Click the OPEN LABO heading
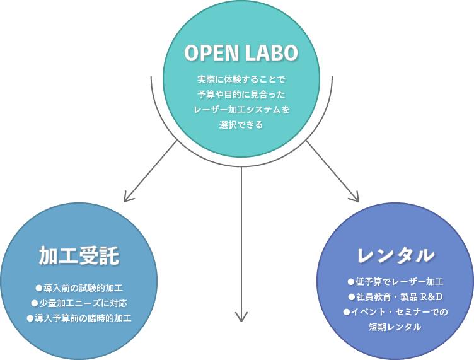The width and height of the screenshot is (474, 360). point(241,53)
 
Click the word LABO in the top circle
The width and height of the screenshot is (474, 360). point(272,53)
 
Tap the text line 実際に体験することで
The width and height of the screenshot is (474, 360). point(241,79)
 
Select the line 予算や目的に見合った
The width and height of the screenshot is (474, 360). point(241,95)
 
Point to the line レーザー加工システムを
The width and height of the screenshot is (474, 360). point(241,110)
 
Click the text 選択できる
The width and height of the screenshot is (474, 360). point(241,125)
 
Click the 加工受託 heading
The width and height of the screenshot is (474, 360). point(79,256)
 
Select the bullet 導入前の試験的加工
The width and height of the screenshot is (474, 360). point(79,288)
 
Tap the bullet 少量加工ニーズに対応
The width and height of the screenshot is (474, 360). point(79,303)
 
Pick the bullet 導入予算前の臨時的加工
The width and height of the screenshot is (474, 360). point(79,318)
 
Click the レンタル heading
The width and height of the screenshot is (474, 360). point(395,255)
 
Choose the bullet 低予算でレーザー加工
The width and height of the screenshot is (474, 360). point(395,282)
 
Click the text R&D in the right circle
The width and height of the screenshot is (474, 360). point(432,297)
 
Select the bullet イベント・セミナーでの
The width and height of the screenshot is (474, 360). point(395,312)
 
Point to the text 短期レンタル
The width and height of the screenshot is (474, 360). point(395,327)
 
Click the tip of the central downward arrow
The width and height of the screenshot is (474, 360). point(241,322)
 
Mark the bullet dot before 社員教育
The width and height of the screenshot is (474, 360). point(351,297)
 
